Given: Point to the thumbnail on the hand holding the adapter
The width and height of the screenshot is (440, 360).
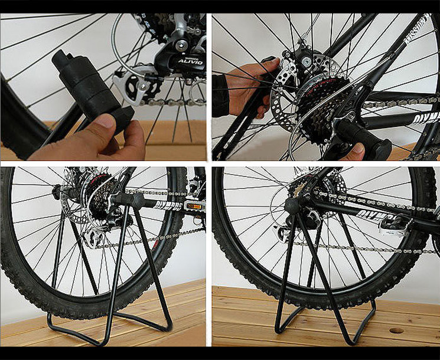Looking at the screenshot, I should coord(105,123).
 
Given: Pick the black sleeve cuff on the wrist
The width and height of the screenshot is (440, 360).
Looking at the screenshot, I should coord(220,94).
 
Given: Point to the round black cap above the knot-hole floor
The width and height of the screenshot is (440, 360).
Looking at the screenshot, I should coord(292,206).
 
